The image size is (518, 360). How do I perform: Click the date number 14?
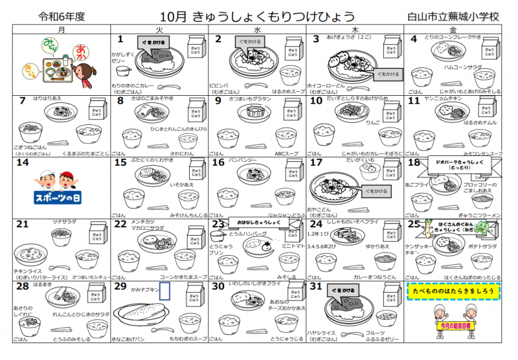coord(23,163)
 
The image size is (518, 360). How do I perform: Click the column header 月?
coord(61,30)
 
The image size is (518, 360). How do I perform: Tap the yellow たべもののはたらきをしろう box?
coord(455,291)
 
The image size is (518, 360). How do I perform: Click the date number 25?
coord(416,224)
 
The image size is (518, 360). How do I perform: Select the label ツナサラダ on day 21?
coord(64,221)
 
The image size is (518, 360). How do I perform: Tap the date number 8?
coord(120,100)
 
